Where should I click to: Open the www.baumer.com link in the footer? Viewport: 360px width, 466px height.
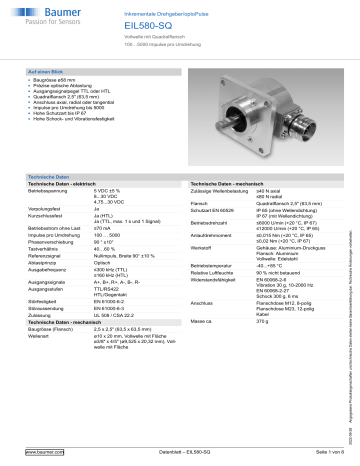41,455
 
